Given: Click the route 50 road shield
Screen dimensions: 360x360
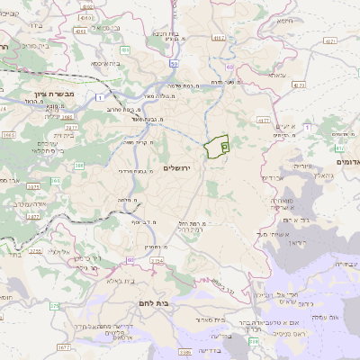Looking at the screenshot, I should point(174,64).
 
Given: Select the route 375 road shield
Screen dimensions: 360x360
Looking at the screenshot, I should point(53,306).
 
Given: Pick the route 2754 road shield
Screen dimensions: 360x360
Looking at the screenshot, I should point(157,261).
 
